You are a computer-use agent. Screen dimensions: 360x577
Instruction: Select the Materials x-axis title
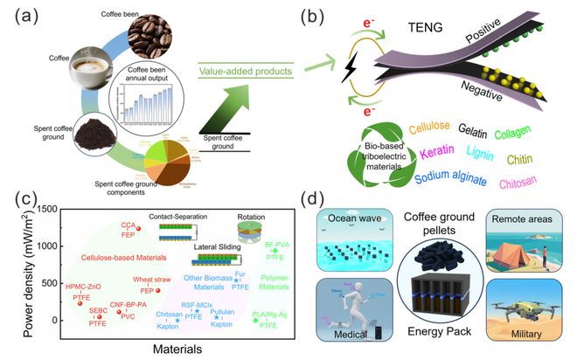point(177,349)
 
